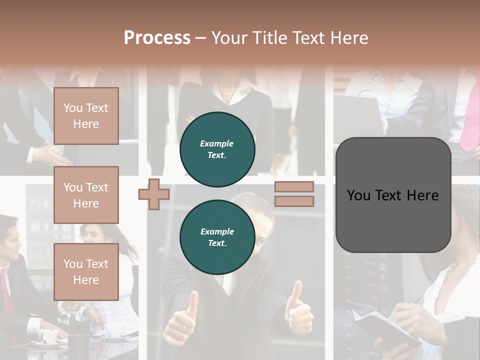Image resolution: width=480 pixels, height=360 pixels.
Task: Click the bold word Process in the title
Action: click(157, 38)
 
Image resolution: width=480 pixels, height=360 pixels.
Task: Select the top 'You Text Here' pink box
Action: click(86, 116)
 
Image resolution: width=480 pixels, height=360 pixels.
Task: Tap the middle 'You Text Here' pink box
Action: click(86, 195)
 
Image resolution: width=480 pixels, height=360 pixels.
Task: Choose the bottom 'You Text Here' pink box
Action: click(86, 271)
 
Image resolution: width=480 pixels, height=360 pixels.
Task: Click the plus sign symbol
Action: click(154, 194)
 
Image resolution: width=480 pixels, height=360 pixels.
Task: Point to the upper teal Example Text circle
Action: click(217, 149)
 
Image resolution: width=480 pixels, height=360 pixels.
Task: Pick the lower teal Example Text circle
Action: click(217, 237)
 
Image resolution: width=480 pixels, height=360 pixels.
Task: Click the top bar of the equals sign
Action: click(294, 187)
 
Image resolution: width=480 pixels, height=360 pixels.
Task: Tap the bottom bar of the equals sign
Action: click(294, 201)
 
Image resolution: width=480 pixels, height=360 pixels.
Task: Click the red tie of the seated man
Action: click(6, 290)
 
